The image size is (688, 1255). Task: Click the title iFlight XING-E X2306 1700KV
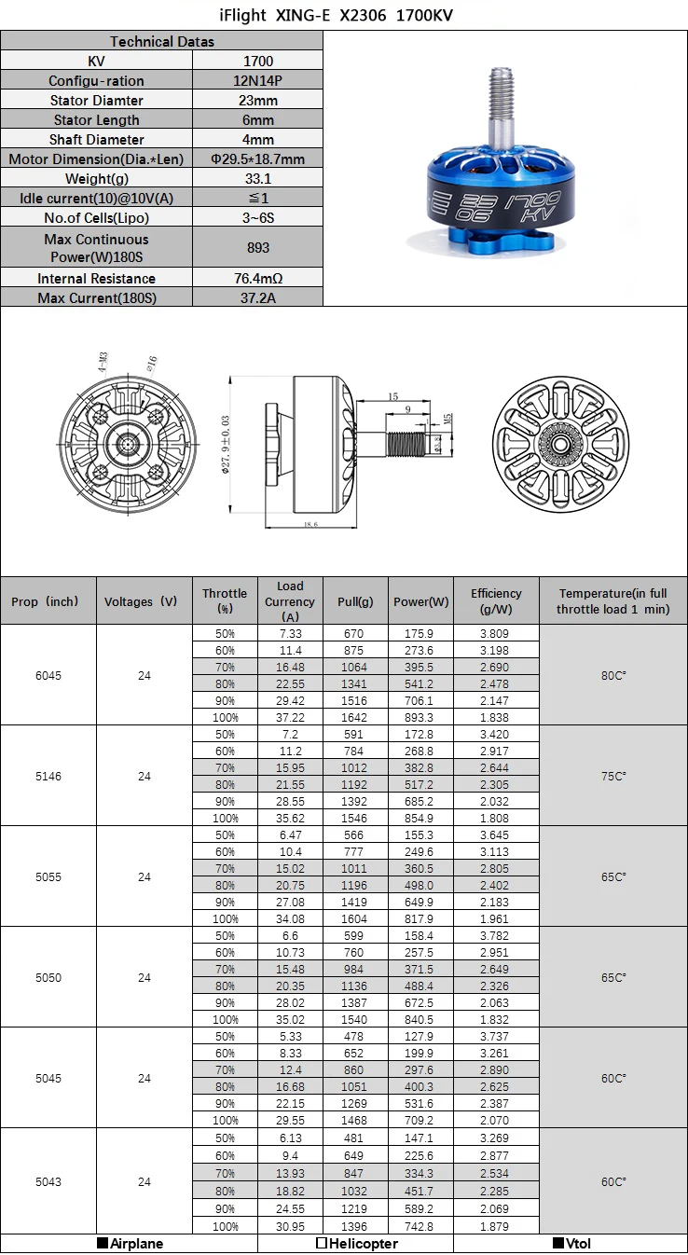pyautogui.click(x=344, y=16)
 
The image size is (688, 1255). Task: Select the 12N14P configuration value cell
pyautogui.click(x=257, y=80)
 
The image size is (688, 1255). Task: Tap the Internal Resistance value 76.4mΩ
pyautogui.click(x=257, y=278)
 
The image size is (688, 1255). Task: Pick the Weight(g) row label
pyautogui.click(x=97, y=179)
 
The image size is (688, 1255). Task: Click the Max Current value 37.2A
pyautogui.click(x=257, y=297)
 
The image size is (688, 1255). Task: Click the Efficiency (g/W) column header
pyautogui.click(x=496, y=600)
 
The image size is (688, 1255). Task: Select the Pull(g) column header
pyautogui.click(x=355, y=601)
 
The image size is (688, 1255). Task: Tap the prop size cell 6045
pyautogui.click(x=48, y=675)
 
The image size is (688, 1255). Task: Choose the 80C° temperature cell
pyautogui.click(x=612, y=675)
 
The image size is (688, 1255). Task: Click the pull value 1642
pyautogui.click(x=355, y=717)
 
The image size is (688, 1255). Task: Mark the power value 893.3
pyautogui.click(x=419, y=717)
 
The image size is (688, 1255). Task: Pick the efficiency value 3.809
pyautogui.click(x=496, y=633)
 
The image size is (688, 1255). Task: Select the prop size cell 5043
pyautogui.click(x=48, y=1181)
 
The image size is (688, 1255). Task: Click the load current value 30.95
pyautogui.click(x=290, y=1226)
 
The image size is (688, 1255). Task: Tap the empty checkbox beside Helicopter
pyautogui.click(x=322, y=1243)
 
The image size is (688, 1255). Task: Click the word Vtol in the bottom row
pyautogui.click(x=578, y=1243)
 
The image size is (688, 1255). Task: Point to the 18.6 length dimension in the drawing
pyautogui.click(x=310, y=525)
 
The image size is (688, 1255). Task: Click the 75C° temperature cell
pyautogui.click(x=612, y=776)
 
